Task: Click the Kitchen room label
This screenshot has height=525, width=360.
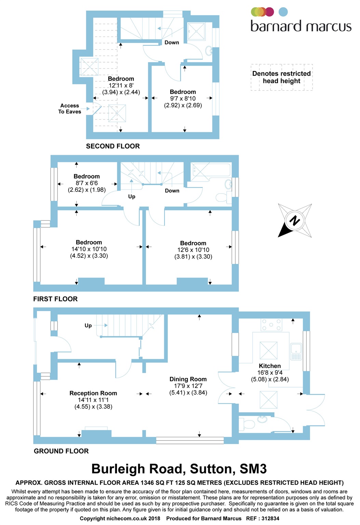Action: point(269,366)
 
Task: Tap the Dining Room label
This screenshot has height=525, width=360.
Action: point(188,379)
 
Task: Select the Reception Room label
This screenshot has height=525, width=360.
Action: point(93,393)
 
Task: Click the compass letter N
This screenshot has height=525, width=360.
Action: point(294,220)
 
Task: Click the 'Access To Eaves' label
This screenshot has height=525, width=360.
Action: point(70,108)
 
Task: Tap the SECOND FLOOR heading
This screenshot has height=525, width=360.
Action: point(113,146)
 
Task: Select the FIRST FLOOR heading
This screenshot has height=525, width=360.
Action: point(55,299)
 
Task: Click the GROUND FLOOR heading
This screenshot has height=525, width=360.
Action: point(61,451)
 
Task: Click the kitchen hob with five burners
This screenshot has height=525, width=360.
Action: point(271,325)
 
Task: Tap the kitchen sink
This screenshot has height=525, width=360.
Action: point(296,352)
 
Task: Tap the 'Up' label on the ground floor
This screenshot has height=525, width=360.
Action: point(88,325)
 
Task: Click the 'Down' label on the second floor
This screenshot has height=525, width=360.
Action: point(172,42)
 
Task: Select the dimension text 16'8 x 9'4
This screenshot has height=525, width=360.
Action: point(270,373)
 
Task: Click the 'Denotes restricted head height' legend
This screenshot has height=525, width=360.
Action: point(281,77)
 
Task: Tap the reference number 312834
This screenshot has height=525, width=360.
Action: point(270,519)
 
